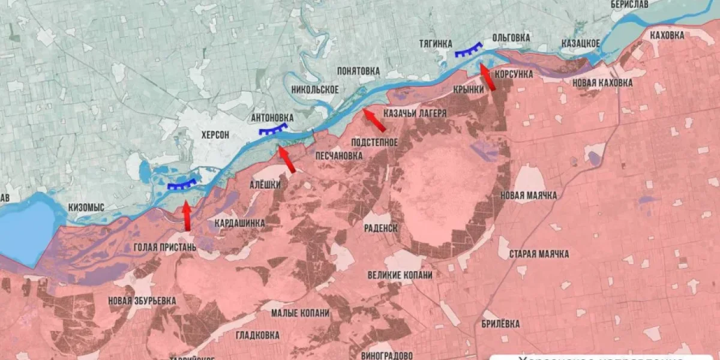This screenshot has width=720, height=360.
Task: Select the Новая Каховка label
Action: [602, 83]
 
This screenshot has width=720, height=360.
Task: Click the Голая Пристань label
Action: [165, 247]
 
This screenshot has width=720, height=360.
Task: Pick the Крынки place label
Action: [469, 89]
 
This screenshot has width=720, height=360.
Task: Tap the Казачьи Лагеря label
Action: [415, 113]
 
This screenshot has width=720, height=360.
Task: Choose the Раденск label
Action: [381, 228]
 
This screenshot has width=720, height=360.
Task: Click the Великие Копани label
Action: [400, 275]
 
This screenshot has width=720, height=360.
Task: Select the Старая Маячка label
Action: [539, 254]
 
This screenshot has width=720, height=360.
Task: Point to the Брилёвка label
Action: [501, 324]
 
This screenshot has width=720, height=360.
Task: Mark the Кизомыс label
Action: [86, 207]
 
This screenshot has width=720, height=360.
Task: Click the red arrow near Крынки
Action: [487, 77]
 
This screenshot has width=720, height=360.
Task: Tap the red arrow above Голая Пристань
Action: [187, 216]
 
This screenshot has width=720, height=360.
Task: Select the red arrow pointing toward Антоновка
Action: [287, 160]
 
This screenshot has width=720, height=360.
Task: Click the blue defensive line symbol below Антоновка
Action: [272, 130]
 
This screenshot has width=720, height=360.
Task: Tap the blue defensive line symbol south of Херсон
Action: [182, 185]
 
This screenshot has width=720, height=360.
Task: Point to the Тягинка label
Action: [436, 43]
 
